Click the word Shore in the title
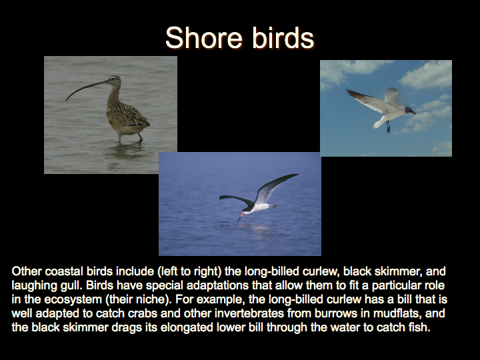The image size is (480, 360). click(x=204, y=37)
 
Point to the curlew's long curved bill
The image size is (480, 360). click(x=86, y=89)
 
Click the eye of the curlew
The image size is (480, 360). click(x=114, y=79)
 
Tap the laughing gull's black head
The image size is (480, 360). click(x=409, y=110)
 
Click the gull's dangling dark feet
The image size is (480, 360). click(x=388, y=127)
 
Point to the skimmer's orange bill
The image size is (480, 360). click(x=240, y=217)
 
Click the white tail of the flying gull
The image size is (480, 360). click(x=378, y=123)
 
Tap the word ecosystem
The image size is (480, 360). click(x=73, y=299)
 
